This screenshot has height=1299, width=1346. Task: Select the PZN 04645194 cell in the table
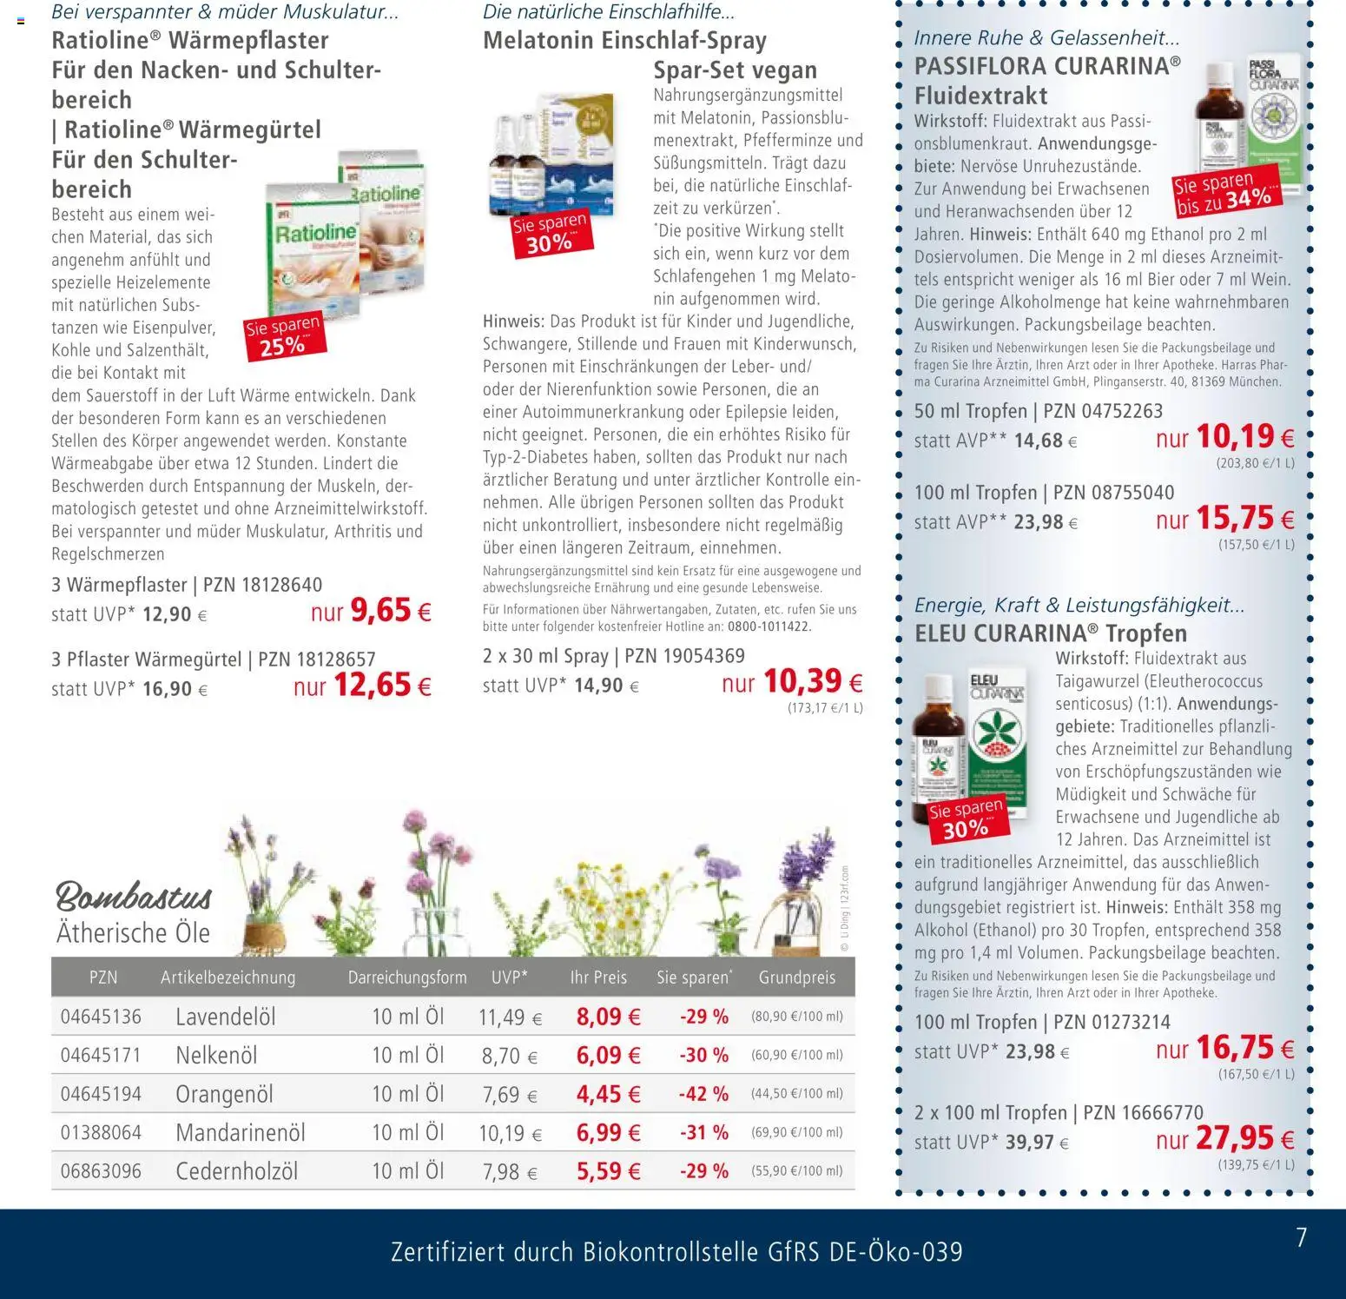tap(101, 1094)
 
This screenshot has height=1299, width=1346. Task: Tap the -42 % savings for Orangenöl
tap(703, 1094)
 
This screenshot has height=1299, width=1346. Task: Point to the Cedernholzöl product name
tap(236, 1171)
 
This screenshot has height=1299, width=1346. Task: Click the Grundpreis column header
tap(796, 978)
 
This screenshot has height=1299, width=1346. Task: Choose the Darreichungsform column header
tap(407, 978)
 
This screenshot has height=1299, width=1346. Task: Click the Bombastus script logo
tap(134, 896)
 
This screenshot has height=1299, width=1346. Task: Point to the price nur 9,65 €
tap(371, 611)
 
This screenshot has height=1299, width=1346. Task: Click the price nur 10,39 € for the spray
tap(792, 681)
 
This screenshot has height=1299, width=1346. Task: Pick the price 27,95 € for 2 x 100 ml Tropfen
tap(1225, 1138)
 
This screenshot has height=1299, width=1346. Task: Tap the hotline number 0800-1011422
tap(768, 626)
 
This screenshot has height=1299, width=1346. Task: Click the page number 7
tap(1301, 1237)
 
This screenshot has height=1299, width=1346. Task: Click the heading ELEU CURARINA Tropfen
tap(1050, 633)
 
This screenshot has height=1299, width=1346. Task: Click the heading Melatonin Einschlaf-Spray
tap(624, 41)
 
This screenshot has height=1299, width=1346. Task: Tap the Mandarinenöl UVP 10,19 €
tap(510, 1133)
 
